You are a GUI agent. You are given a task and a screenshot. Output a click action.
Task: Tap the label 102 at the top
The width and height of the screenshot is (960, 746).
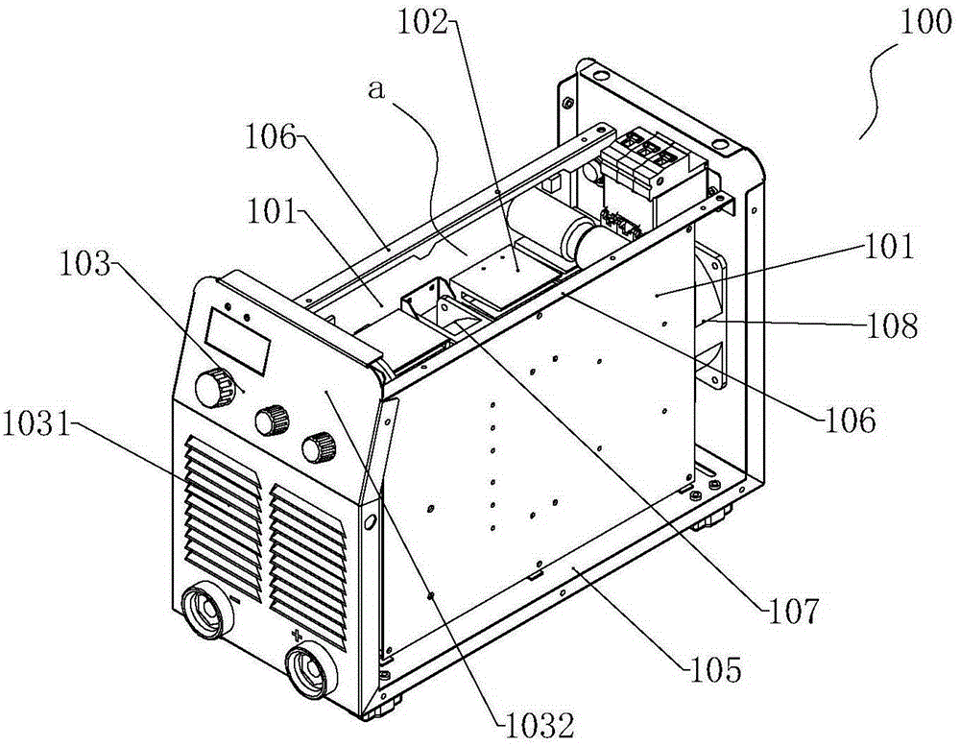pyautogui.click(x=423, y=23)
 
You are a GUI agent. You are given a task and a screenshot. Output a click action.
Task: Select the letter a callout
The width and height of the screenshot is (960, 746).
pyautogui.click(x=377, y=89)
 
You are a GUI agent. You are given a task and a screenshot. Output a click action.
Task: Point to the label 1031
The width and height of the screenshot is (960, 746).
pyautogui.click(x=36, y=423)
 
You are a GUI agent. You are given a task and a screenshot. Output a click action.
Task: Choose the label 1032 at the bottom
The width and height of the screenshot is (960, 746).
pyautogui.click(x=540, y=726)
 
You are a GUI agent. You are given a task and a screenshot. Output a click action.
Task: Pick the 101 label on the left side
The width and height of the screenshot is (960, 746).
pyautogui.click(x=273, y=213)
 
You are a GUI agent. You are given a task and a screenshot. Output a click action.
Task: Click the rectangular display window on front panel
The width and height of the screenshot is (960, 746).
pyautogui.click(x=237, y=341)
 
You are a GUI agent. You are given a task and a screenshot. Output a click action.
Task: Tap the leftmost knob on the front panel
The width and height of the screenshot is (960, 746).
pyautogui.click(x=214, y=387)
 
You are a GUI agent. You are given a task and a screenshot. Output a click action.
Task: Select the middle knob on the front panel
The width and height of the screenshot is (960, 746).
pyautogui.click(x=272, y=421)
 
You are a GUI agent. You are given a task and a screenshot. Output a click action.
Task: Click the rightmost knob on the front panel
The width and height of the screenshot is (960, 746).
pyautogui.click(x=319, y=446)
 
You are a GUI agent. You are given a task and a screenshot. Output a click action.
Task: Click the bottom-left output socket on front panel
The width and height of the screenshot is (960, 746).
pyautogui.click(x=208, y=612)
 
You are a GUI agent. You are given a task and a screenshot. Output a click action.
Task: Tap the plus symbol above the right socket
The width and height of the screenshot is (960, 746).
pyautogui.click(x=298, y=635)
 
